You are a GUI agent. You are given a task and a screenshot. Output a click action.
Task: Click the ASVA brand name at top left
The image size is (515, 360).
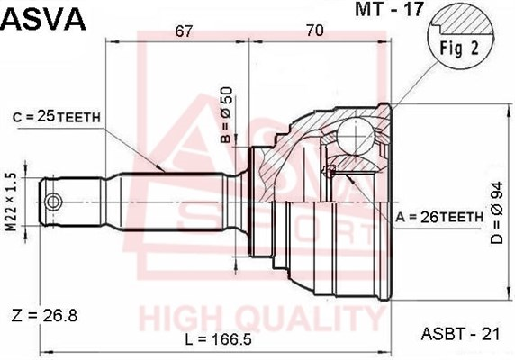click(43, 19)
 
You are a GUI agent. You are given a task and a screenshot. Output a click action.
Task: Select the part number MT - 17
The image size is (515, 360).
click(389, 9)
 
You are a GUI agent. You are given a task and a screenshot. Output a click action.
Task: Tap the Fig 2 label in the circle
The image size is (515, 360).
click(459, 49)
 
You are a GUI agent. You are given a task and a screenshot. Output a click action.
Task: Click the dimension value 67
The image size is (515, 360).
click(184, 31)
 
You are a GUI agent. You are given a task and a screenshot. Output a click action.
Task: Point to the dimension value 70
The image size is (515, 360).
click(315, 31)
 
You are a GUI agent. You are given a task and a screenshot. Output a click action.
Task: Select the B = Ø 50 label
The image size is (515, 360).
click(227, 115)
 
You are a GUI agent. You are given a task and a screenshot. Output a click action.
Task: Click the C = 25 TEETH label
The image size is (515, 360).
click(57, 116)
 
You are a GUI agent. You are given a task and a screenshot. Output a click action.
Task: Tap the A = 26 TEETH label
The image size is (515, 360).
click(439, 217)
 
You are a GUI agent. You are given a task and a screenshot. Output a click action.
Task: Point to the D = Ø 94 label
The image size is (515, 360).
click(497, 212)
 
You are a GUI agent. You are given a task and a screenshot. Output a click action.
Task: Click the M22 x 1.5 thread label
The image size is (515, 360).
click(12, 202)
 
